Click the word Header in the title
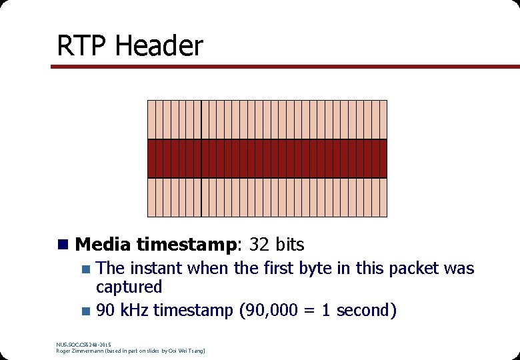click(x=159, y=46)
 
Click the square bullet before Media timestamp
click(x=63, y=245)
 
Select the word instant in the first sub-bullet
click(x=158, y=269)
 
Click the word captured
click(x=129, y=287)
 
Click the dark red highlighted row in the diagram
click(x=267, y=159)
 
